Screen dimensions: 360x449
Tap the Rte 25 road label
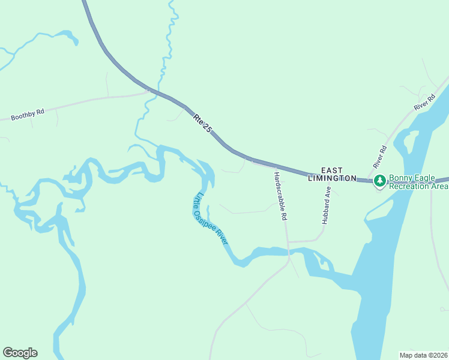click(203, 123)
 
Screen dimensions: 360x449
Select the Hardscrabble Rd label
click(279, 197)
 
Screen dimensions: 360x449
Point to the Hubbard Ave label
click(327, 205)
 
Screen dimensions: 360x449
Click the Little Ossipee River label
click(210, 218)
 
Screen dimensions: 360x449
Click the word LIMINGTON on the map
click(331, 178)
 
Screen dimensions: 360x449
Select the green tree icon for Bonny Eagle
click(379, 181)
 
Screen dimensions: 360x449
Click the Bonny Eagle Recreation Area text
click(418, 182)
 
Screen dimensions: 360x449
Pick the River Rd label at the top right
click(424, 102)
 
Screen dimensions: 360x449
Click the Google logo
click(20, 353)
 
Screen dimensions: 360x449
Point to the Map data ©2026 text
click(423, 355)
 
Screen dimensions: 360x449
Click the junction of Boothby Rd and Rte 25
click(148, 91)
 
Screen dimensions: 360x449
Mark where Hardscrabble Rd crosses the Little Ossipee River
click(289, 251)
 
